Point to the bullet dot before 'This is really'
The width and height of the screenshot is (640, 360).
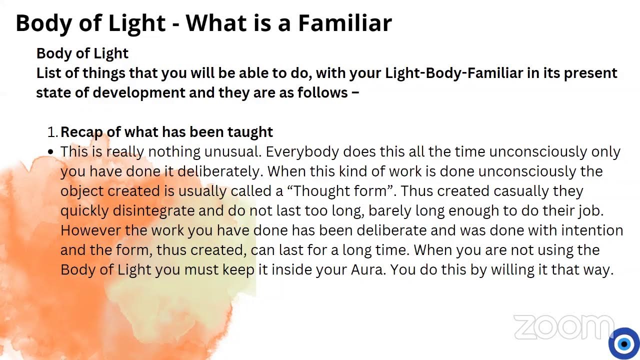click(51, 151)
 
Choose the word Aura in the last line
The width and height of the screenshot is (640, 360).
click(368, 270)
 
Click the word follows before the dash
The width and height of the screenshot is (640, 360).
click(322, 92)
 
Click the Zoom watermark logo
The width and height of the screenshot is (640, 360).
click(562, 328)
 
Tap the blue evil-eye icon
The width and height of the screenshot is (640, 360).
click(623, 343)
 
